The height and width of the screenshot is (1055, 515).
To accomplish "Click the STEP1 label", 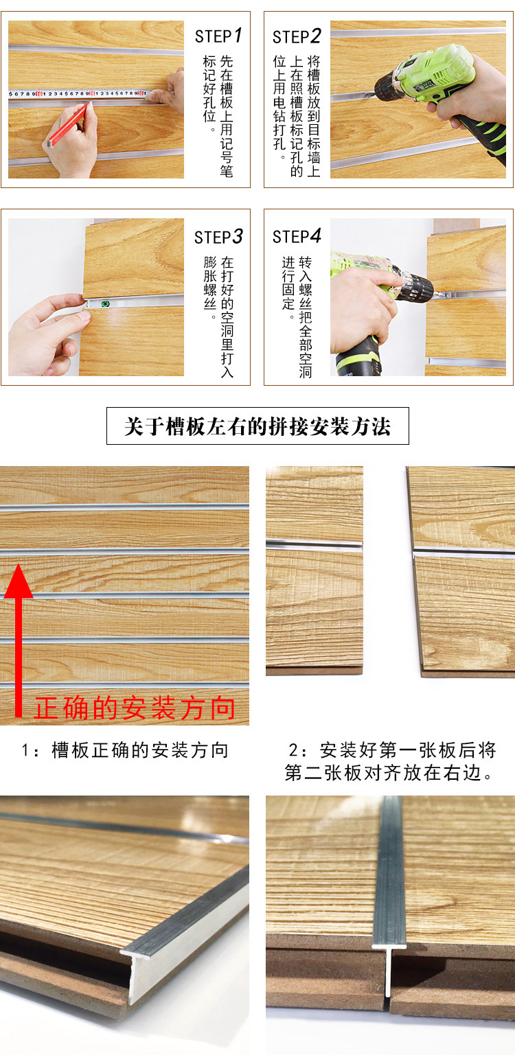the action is pyautogui.click(x=218, y=36).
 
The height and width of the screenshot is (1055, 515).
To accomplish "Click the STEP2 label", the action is pyautogui.click(x=297, y=36).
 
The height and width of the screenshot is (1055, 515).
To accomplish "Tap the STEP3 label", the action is pyautogui.click(x=218, y=237).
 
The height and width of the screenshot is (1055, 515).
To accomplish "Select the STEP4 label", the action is pyautogui.click(x=297, y=236).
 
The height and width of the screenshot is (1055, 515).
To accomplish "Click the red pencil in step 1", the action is pyautogui.click(x=68, y=124).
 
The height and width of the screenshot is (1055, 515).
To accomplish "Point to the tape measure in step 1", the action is pyautogui.click(x=80, y=93).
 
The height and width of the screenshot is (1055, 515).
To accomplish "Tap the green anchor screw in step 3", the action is pyautogui.click(x=107, y=304).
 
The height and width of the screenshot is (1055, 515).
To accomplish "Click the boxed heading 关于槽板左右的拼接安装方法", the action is pyautogui.click(x=257, y=426).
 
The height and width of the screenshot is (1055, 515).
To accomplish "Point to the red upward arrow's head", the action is pyautogui.click(x=19, y=581).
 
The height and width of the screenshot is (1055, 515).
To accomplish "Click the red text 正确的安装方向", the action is pyautogui.click(x=135, y=708).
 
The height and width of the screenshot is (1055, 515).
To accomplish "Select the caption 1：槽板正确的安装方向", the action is pyautogui.click(x=126, y=750).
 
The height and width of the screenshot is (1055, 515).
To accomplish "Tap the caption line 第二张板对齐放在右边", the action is pyautogui.click(x=389, y=772).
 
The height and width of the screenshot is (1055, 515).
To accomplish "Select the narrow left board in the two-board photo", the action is pyautogui.click(x=314, y=570).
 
